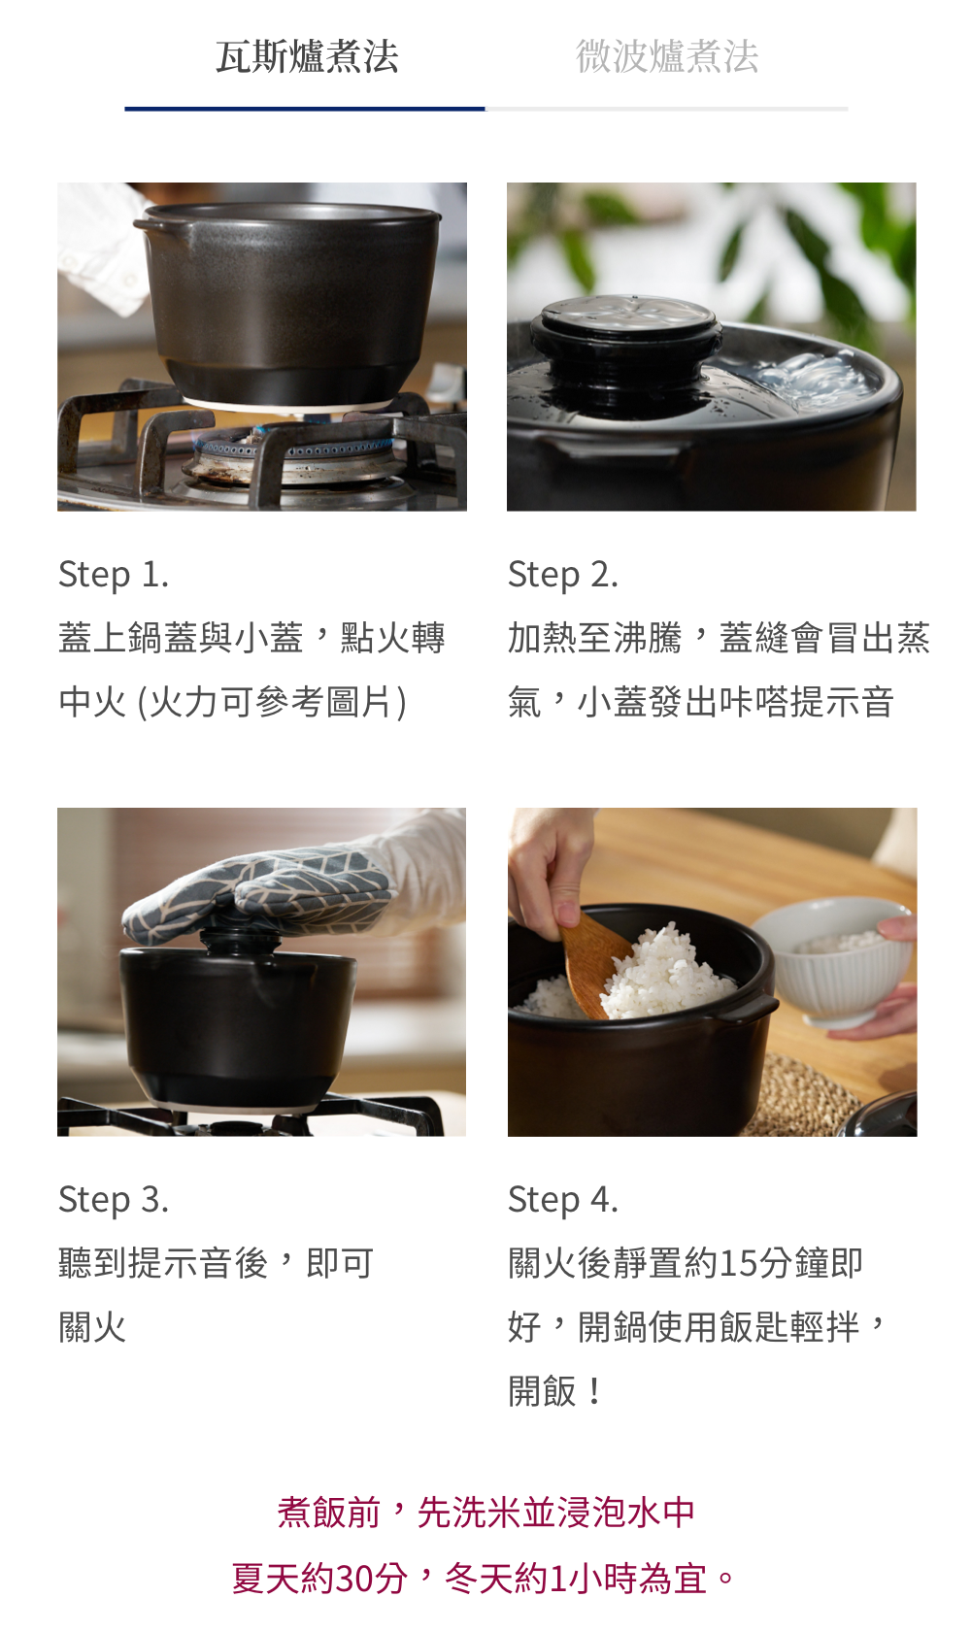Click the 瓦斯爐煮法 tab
pos(307,56)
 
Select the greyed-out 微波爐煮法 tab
pos(666,56)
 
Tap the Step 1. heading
pos(113,575)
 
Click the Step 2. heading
pos(562,575)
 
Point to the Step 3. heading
pos(113,1199)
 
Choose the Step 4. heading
pos(562,1199)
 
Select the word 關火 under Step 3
pos(92,1327)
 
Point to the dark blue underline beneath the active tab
pos(305,109)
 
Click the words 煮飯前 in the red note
pos(329,1513)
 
